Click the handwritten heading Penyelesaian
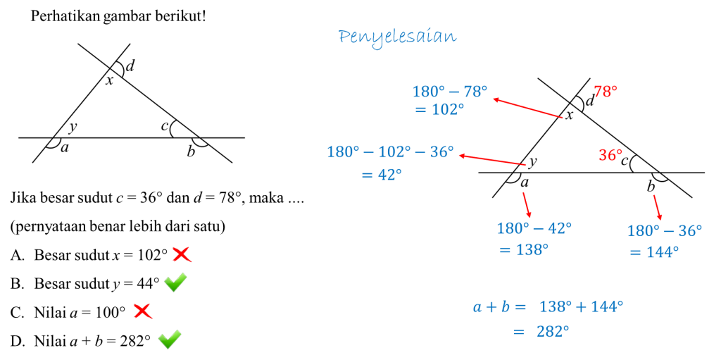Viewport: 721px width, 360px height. click(x=397, y=37)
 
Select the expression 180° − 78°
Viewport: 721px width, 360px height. click(x=449, y=92)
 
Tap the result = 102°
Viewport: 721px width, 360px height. click(x=439, y=109)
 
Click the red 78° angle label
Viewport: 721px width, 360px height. click(x=605, y=92)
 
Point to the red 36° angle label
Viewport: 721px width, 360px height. click(x=610, y=155)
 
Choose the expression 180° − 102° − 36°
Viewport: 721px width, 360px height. click(x=390, y=152)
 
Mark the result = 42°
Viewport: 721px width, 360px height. click(x=381, y=175)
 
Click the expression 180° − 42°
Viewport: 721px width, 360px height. click(x=534, y=228)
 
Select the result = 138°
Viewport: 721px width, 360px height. click(x=523, y=249)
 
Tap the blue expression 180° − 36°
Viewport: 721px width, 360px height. click(x=664, y=231)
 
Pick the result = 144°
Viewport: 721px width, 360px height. click(x=653, y=252)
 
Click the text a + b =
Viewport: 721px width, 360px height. click(x=499, y=307)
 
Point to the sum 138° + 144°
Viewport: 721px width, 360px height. click(x=581, y=306)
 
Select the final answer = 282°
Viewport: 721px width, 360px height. click(x=541, y=331)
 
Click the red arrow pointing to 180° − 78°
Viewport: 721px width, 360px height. click(x=527, y=108)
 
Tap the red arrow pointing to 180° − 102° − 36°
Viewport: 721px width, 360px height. click(x=492, y=160)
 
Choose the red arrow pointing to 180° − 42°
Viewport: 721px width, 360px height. click(x=527, y=204)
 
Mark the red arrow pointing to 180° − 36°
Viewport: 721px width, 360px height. click(x=658, y=207)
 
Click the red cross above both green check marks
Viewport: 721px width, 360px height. click(x=182, y=254)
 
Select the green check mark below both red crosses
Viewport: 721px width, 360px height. click(x=170, y=339)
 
